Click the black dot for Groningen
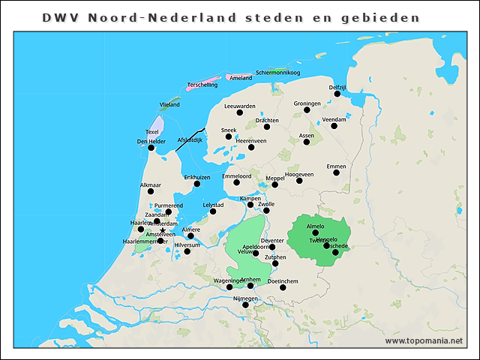pyautogui.click(x=307, y=110)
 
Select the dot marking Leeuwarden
pyautogui.click(x=240, y=112)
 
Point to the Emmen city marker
pyautogui.click(x=336, y=172)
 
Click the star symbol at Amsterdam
pyautogui.click(x=163, y=230)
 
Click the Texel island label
pyautogui.click(x=152, y=132)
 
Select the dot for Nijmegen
pyautogui.click(x=245, y=305)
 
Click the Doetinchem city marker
pyautogui.click(x=282, y=287)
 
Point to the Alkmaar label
pyautogui.click(x=150, y=184)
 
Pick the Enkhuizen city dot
pyautogui.click(x=197, y=184)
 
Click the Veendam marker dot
pyautogui.click(x=334, y=126)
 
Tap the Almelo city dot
pyautogui.click(x=316, y=232)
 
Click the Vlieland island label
pyautogui.click(x=169, y=105)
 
